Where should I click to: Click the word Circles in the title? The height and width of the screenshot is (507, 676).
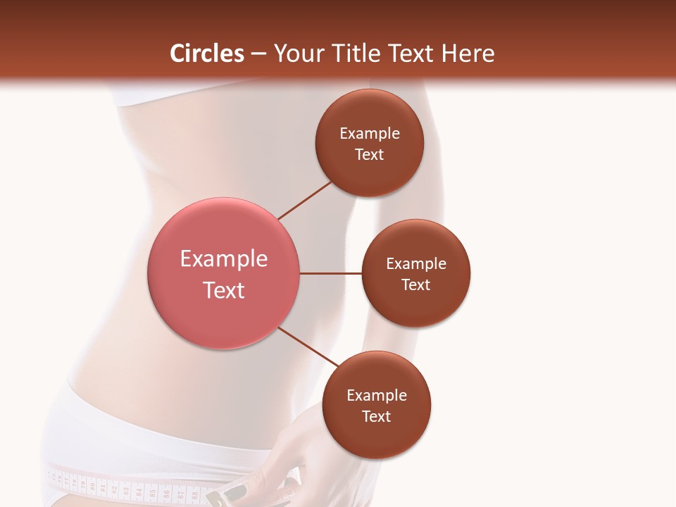[x=207, y=54]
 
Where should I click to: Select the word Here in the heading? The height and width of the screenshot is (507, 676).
[x=469, y=54]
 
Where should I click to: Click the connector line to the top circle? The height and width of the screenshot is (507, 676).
[x=304, y=201]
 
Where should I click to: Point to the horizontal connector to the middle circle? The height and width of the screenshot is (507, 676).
[x=331, y=273]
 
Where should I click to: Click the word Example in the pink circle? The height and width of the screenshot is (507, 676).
[x=224, y=259]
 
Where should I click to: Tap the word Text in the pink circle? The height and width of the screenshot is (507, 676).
[x=224, y=290]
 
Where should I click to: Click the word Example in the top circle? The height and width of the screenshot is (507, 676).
[x=370, y=134]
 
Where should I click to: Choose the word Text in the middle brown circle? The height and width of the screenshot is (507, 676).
[x=415, y=284]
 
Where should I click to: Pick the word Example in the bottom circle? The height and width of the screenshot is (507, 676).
[x=377, y=396]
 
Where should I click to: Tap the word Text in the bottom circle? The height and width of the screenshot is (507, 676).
[x=376, y=417]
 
